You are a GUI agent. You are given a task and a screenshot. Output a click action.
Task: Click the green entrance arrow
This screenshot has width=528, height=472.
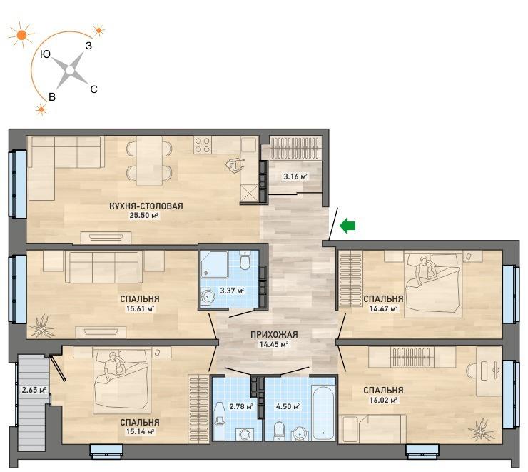click(x=347, y=226)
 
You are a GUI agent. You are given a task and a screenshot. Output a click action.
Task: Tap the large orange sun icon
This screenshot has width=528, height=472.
click(x=21, y=35)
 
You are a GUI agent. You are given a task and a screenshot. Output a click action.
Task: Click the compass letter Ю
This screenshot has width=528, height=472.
click(x=45, y=54)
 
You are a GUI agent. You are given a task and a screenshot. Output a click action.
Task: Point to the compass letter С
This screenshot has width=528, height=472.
click(x=94, y=89)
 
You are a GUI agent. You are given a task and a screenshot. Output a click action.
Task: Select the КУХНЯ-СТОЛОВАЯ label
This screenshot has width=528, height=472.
click(x=146, y=206)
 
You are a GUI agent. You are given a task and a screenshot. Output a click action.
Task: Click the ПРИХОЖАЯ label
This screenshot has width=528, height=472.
click(x=274, y=335)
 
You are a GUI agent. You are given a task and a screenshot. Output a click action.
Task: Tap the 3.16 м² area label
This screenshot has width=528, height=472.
click(x=295, y=176)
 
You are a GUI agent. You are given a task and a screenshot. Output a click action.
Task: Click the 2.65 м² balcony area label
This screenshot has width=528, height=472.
click(x=34, y=391)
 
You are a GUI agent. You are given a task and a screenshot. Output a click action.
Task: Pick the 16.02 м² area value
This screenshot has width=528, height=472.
click(x=383, y=401)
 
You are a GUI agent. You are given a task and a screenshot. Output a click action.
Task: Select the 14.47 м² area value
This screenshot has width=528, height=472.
click(x=383, y=308)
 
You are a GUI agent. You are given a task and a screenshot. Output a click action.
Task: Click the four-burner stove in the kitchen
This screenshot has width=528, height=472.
click(x=203, y=144)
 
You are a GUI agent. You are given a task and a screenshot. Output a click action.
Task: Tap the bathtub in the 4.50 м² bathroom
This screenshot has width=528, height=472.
click(x=323, y=409)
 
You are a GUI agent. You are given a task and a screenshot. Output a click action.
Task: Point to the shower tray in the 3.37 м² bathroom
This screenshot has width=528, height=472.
click(x=215, y=265)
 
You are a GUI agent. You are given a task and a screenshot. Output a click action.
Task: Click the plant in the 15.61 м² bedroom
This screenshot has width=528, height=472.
click(x=42, y=326)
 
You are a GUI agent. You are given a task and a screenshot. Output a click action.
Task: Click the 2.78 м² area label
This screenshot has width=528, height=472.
click(x=241, y=406)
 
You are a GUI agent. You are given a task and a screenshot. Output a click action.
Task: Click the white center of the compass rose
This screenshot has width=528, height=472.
click(x=70, y=71)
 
